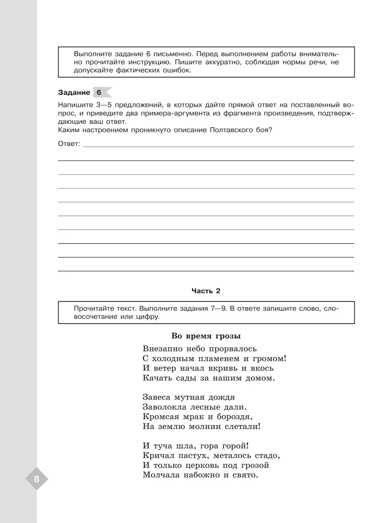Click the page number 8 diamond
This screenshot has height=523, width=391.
36,479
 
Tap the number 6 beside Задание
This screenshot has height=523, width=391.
99,93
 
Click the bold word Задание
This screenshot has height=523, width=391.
74,93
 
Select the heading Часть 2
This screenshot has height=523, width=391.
206,291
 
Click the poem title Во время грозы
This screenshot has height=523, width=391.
206,336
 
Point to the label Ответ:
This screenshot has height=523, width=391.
69,144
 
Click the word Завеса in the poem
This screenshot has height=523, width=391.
156,397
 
